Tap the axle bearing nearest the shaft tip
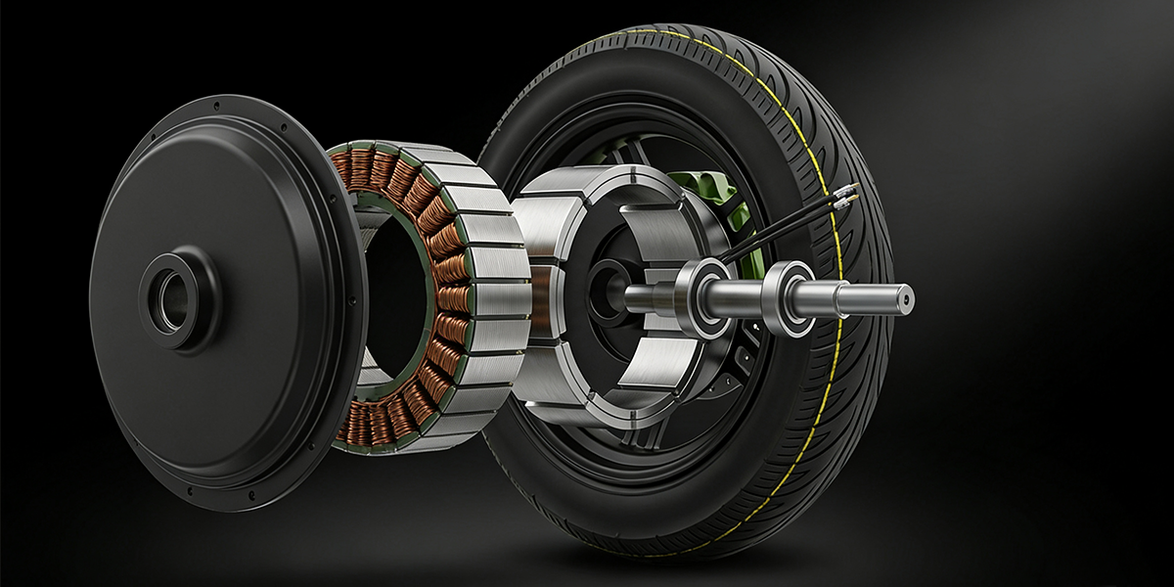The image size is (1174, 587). (x=789, y=298)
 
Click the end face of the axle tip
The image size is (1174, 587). (x=907, y=294)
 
